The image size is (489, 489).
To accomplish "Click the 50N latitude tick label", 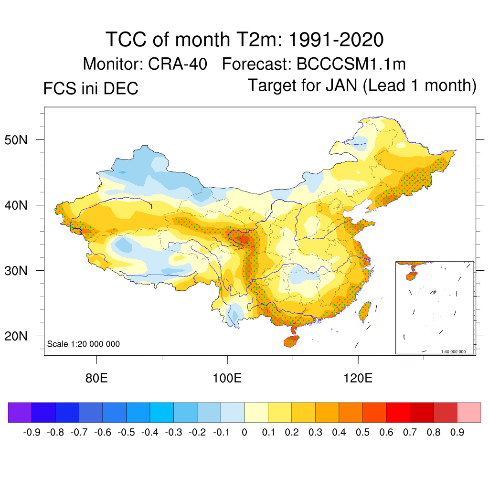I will click(x=21, y=140).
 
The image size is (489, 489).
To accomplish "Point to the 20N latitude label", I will click(x=21, y=336).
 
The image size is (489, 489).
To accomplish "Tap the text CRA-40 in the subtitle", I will click(x=179, y=64).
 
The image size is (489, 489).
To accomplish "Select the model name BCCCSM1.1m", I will click(x=351, y=64).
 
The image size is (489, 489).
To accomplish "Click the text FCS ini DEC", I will click(x=90, y=88).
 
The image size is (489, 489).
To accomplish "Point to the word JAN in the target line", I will click(x=342, y=85).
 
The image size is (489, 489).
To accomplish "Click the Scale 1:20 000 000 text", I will click(x=84, y=344).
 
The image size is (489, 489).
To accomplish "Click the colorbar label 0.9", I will click(x=457, y=433).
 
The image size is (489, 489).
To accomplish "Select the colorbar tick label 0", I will click(x=244, y=433).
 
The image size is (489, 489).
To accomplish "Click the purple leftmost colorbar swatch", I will click(x=20, y=412).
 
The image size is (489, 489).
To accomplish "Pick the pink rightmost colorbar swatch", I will click(x=469, y=412).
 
